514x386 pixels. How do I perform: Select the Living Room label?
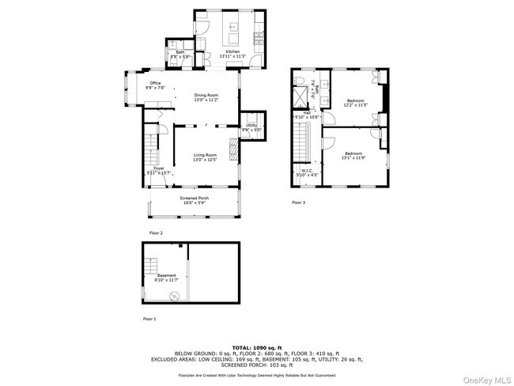tap(205, 157)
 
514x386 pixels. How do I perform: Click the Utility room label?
tap(251, 127)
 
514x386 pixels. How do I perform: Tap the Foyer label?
tap(158, 170)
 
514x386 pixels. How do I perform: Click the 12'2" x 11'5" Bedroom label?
tap(356, 102)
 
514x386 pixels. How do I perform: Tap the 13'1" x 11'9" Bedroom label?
tap(353, 155)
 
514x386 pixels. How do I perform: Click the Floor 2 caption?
tap(156, 233)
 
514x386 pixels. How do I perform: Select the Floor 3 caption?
tap(298, 203)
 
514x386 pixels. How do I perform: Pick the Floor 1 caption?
tap(149, 319)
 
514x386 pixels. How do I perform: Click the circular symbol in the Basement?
tap(175, 297)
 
